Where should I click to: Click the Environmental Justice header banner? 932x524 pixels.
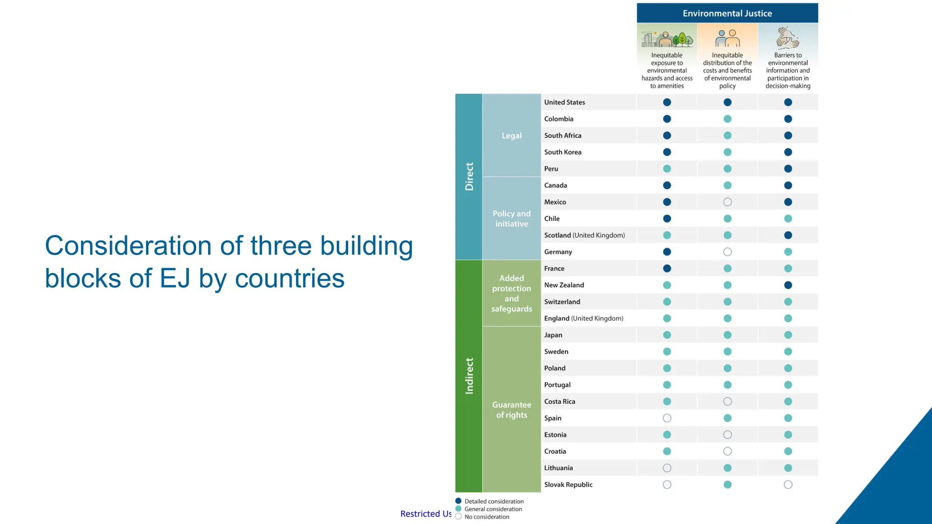pyautogui.click(x=727, y=13)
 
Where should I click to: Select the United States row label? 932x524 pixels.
pyautogui.click(x=564, y=102)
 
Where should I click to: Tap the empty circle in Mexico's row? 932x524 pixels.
pyautogui.click(x=727, y=202)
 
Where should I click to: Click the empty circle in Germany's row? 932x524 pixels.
pyautogui.click(x=727, y=252)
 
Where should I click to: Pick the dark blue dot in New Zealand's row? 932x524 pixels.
pyautogui.click(x=788, y=285)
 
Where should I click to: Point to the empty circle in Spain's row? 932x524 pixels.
pyautogui.click(x=667, y=418)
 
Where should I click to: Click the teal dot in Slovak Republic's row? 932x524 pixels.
pyautogui.click(x=727, y=485)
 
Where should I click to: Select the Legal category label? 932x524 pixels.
pyautogui.click(x=512, y=136)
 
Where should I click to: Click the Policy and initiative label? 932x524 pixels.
pyautogui.click(x=512, y=219)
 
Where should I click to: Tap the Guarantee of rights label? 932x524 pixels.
pyautogui.click(x=512, y=410)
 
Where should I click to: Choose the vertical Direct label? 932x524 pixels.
pyautogui.click(x=469, y=176)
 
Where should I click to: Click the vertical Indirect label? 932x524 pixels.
pyautogui.click(x=469, y=376)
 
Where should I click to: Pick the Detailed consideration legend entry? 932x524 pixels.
pyautogui.click(x=493, y=501)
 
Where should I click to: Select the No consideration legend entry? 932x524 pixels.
pyautogui.click(x=486, y=517)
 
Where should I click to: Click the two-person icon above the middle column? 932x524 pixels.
pyautogui.click(x=727, y=38)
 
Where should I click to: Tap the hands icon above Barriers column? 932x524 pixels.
pyautogui.click(x=787, y=38)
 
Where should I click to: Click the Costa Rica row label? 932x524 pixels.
pyautogui.click(x=559, y=402)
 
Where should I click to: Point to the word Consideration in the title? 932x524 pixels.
pyautogui.click(x=129, y=246)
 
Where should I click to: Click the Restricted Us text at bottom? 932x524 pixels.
pyautogui.click(x=425, y=514)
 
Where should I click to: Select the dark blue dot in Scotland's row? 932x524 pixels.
pyautogui.click(x=788, y=235)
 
